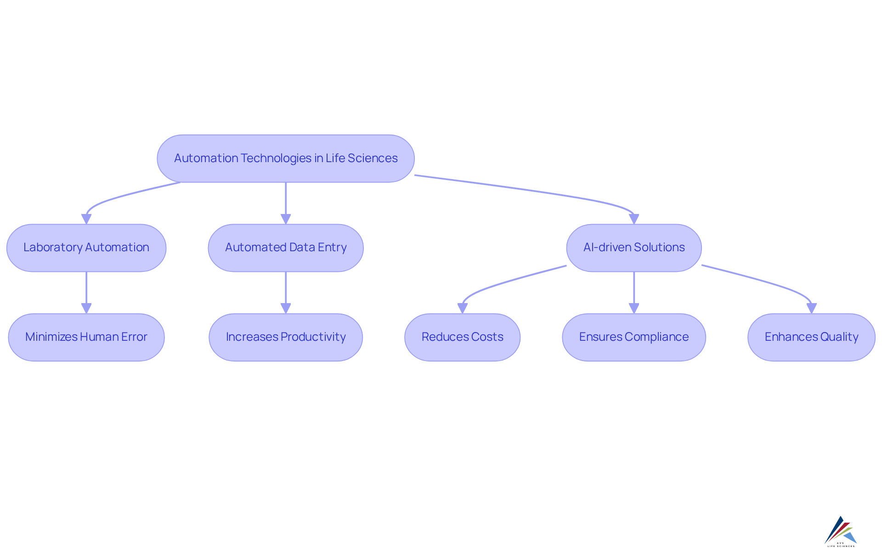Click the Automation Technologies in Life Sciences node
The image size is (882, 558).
[285, 158]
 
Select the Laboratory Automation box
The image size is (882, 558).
[86, 248]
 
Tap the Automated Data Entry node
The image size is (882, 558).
[285, 248]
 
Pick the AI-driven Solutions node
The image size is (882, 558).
[633, 248]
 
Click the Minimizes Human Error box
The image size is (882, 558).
[86, 337]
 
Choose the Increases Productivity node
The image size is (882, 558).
[285, 337]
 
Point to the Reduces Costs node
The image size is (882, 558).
[462, 337]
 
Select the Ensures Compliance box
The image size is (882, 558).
[633, 337]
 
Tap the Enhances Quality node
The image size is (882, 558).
[811, 337]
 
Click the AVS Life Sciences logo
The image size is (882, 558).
[841, 532]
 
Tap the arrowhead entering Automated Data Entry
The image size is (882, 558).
[286, 219]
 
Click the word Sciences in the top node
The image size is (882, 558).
[373, 158]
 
